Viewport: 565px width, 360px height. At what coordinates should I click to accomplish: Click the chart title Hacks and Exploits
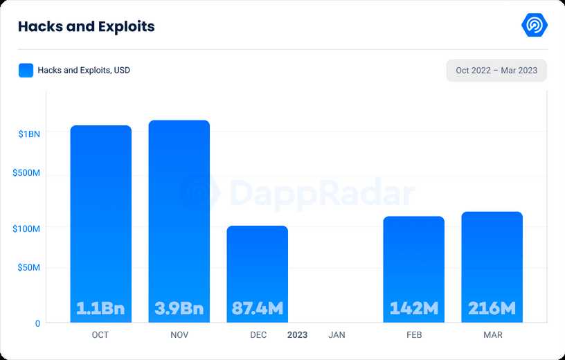86,26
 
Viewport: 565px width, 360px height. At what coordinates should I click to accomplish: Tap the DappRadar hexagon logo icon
535,25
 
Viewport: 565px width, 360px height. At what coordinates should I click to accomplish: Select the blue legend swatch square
26,70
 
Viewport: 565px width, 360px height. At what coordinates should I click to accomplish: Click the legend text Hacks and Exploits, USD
84,70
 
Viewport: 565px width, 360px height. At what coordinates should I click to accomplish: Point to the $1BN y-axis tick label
29,134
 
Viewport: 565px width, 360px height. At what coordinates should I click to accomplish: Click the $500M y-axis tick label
26,172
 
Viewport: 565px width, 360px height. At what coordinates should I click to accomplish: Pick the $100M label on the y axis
26,228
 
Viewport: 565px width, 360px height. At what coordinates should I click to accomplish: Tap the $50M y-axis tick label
28,267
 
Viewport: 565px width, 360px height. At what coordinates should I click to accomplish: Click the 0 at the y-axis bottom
37,323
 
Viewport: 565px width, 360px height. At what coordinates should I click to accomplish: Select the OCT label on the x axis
100,335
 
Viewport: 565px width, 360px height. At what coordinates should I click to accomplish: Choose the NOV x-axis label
179,335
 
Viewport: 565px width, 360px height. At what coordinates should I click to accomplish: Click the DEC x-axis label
258,335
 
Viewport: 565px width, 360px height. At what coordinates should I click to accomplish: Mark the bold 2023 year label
298,335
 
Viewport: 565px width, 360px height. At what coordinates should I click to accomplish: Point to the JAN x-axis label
337,335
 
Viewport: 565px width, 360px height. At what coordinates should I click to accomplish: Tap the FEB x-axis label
413,335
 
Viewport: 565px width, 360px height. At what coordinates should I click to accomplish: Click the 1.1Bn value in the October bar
100,308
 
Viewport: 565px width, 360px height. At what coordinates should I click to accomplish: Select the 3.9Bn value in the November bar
179,308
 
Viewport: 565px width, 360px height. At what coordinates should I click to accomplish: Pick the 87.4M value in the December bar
258,308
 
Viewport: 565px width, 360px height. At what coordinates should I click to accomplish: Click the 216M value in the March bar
492,308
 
